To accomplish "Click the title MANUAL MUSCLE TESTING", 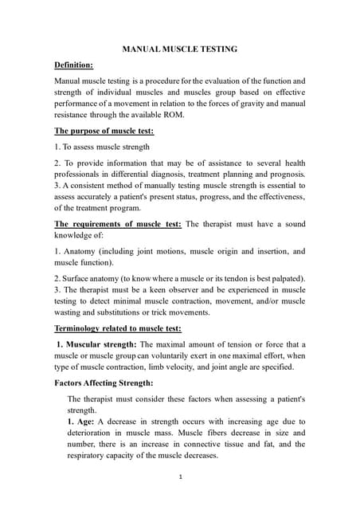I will pyautogui.click(x=179, y=49).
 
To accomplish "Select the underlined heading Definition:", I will pyautogui.click(x=73, y=64).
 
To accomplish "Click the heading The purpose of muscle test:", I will pyautogui.click(x=104, y=131).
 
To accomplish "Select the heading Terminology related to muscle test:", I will pyautogui.click(x=117, y=328).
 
